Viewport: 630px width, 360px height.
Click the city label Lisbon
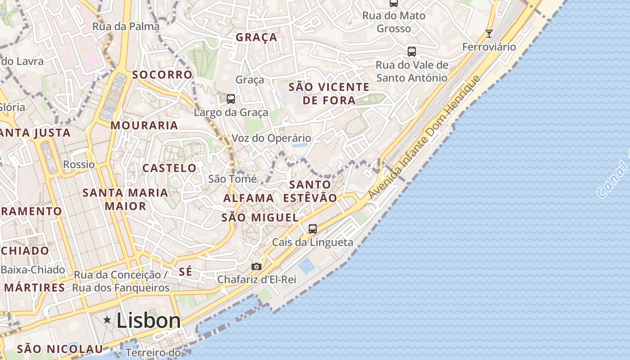pyautogui.click(x=148, y=320)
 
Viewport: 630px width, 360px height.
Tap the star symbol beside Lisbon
pyautogui.click(x=107, y=319)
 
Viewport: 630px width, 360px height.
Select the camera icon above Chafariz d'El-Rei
pyautogui.click(x=256, y=266)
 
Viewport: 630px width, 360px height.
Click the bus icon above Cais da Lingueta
pyautogui.click(x=313, y=229)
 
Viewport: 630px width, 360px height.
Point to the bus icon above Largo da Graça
pyautogui.click(x=231, y=99)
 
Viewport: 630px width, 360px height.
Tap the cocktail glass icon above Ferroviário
pyautogui.click(x=489, y=33)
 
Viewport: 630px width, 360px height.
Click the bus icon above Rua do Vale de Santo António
pyautogui.click(x=412, y=51)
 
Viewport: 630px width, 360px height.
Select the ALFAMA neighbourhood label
pyautogui.click(x=248, y=198)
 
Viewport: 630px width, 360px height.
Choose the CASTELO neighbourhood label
pyautogui.click(x=169, y=168)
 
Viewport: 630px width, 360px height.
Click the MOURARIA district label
pyautogui.click(x=144, y=126)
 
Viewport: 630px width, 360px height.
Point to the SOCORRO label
pyautogui.click(x=162, y=75)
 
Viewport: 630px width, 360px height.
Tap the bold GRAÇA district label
pyautogui.click(x=256, y=37)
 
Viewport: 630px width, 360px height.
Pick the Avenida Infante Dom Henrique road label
pyautogui.click(x=425, y=137)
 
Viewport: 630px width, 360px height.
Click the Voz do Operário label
pyautogui.click(x=271, y=138)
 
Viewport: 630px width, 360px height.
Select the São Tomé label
pyautogui.click(x=232, y=179)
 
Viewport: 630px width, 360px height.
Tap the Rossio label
pyautogui.click(x=79, y=164)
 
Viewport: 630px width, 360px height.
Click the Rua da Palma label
pyautogui.click(x=126, y=27)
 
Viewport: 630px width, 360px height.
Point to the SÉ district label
pyautogui.click(x=185, y=271)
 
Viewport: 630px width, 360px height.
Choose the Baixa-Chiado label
pyautogui.click(x=33, y=270)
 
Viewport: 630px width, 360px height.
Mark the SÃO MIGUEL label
pyautogui.click(x=260, y=218)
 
